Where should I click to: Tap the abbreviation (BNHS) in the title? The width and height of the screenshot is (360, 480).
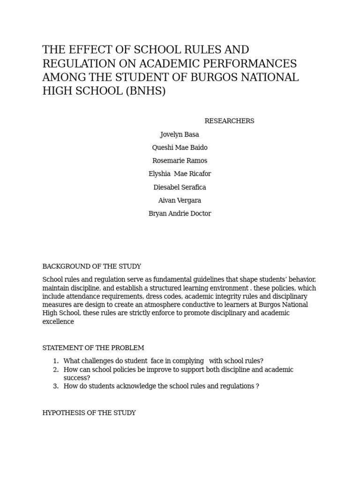(x=145, y=91)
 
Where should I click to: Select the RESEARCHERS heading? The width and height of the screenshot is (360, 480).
(x=229, y=121)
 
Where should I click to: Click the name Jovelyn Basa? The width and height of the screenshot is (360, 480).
(x=180, y=135)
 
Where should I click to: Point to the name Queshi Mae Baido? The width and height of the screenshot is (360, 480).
(x=180, y=148)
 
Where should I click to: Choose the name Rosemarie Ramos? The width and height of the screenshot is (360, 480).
(x=180, y=161)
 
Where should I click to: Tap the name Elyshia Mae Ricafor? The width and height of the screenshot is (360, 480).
(x=180, y=174)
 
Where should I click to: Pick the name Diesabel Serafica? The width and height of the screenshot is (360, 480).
(x=180, y=187)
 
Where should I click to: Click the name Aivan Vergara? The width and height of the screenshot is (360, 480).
(x=180, y=200)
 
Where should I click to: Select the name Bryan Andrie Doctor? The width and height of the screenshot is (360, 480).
(x=180, y=213)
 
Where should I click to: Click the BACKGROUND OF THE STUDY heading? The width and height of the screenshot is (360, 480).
(x=91, y=266)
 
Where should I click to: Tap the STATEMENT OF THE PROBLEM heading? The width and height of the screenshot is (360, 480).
(x=93, y=348)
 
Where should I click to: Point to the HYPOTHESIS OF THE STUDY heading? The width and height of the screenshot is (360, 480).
(x=89, y=413)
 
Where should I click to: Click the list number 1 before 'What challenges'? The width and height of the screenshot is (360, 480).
(x=55, y=361)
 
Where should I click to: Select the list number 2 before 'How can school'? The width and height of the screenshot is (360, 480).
(x=55, y=369)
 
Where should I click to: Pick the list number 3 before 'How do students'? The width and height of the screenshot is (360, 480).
(x=55, y=386)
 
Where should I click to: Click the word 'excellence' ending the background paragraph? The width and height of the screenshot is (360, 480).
(x=58, y=322)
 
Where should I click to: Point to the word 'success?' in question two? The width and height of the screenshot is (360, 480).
(x=77, y=378)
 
